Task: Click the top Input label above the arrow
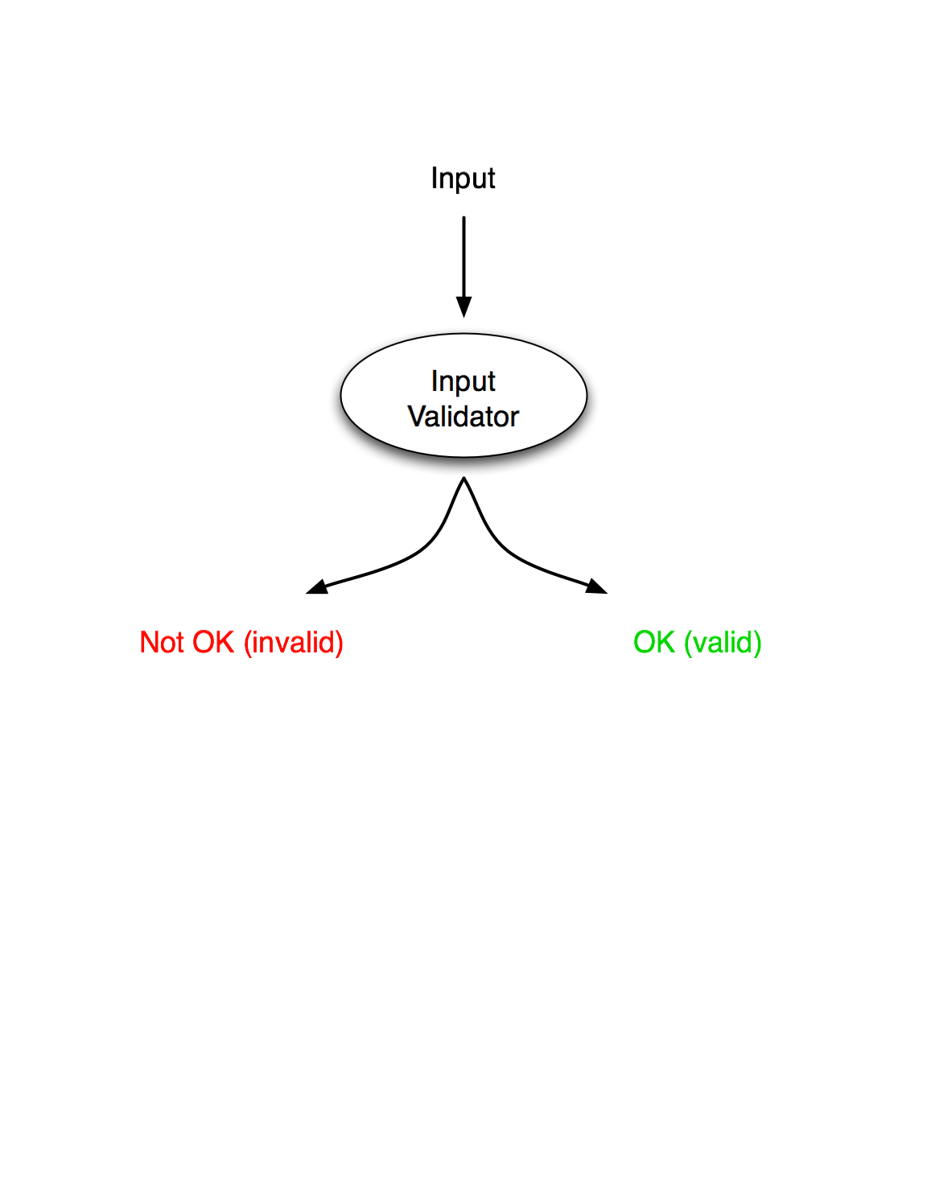point(463,179)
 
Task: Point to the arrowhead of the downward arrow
point(463,307)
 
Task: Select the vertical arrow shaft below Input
point(463,257)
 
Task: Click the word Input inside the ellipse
point(463,381)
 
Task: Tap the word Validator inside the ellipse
point(463,417)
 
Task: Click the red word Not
point(162,643)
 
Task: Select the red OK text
point(213,643)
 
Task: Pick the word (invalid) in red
point(294,643)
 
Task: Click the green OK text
point(654,643)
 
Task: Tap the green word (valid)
point(723,643)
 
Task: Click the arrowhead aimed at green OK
point(596,586)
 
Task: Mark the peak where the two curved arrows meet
point(463,478)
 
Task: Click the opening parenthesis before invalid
point(247,643)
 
